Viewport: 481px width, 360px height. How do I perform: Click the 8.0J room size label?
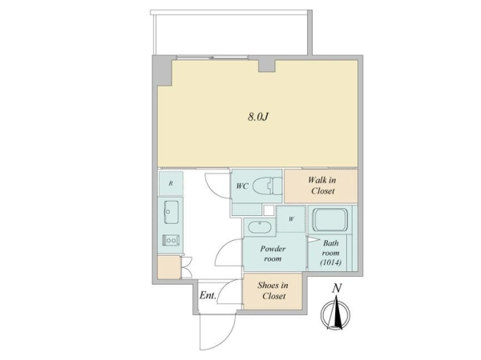coord(258,117)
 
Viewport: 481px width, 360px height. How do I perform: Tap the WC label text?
coord(242,186)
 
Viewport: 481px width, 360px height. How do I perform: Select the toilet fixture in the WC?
coord(267,186)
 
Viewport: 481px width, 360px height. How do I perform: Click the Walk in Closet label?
coord(322,186)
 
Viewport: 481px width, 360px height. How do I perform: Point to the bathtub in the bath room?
coord(330,219)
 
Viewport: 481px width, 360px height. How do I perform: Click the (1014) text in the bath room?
coord(331,262)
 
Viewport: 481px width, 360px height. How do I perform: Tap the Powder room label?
coord(273,254)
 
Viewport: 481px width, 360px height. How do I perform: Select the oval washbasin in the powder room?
coord(259,227)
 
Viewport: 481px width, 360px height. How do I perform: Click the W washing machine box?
coord(291,219)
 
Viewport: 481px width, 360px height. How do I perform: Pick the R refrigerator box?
coord(171,183)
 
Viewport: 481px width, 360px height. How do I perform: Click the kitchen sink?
coord(172,212)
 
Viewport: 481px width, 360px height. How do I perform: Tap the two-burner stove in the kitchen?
coord(171,240)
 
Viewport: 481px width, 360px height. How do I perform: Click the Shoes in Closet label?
coord(273,291)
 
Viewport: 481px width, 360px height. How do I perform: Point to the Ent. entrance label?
coord(208,295)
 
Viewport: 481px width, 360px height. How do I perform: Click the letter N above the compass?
coord(337,288)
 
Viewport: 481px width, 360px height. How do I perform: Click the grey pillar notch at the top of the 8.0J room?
coord(267,66)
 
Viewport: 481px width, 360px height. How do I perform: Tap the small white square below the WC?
coord(269,210)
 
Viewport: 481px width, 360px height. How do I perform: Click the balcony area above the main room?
coord(232,34)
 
